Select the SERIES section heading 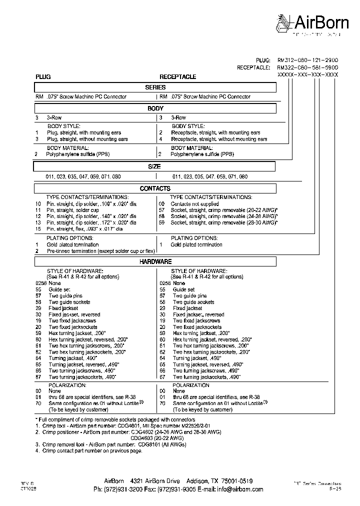pyautogui.click(x=155, y=87)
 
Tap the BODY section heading pyautogui.click(x=155, y=108)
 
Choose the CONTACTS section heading pyautogui.click(x=155, y=188)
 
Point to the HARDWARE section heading pyautogui.click(x=155, y=261)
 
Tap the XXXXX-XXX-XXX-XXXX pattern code pyautogui.click(x=308, y=74)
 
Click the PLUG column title pyautogui.click(x=42, y=77)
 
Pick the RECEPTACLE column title pyautogui.click(x=177, y=77)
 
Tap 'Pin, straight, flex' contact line pyautogui.click(x=84, y=228)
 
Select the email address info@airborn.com pyautogui.click(x=228, y=489)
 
